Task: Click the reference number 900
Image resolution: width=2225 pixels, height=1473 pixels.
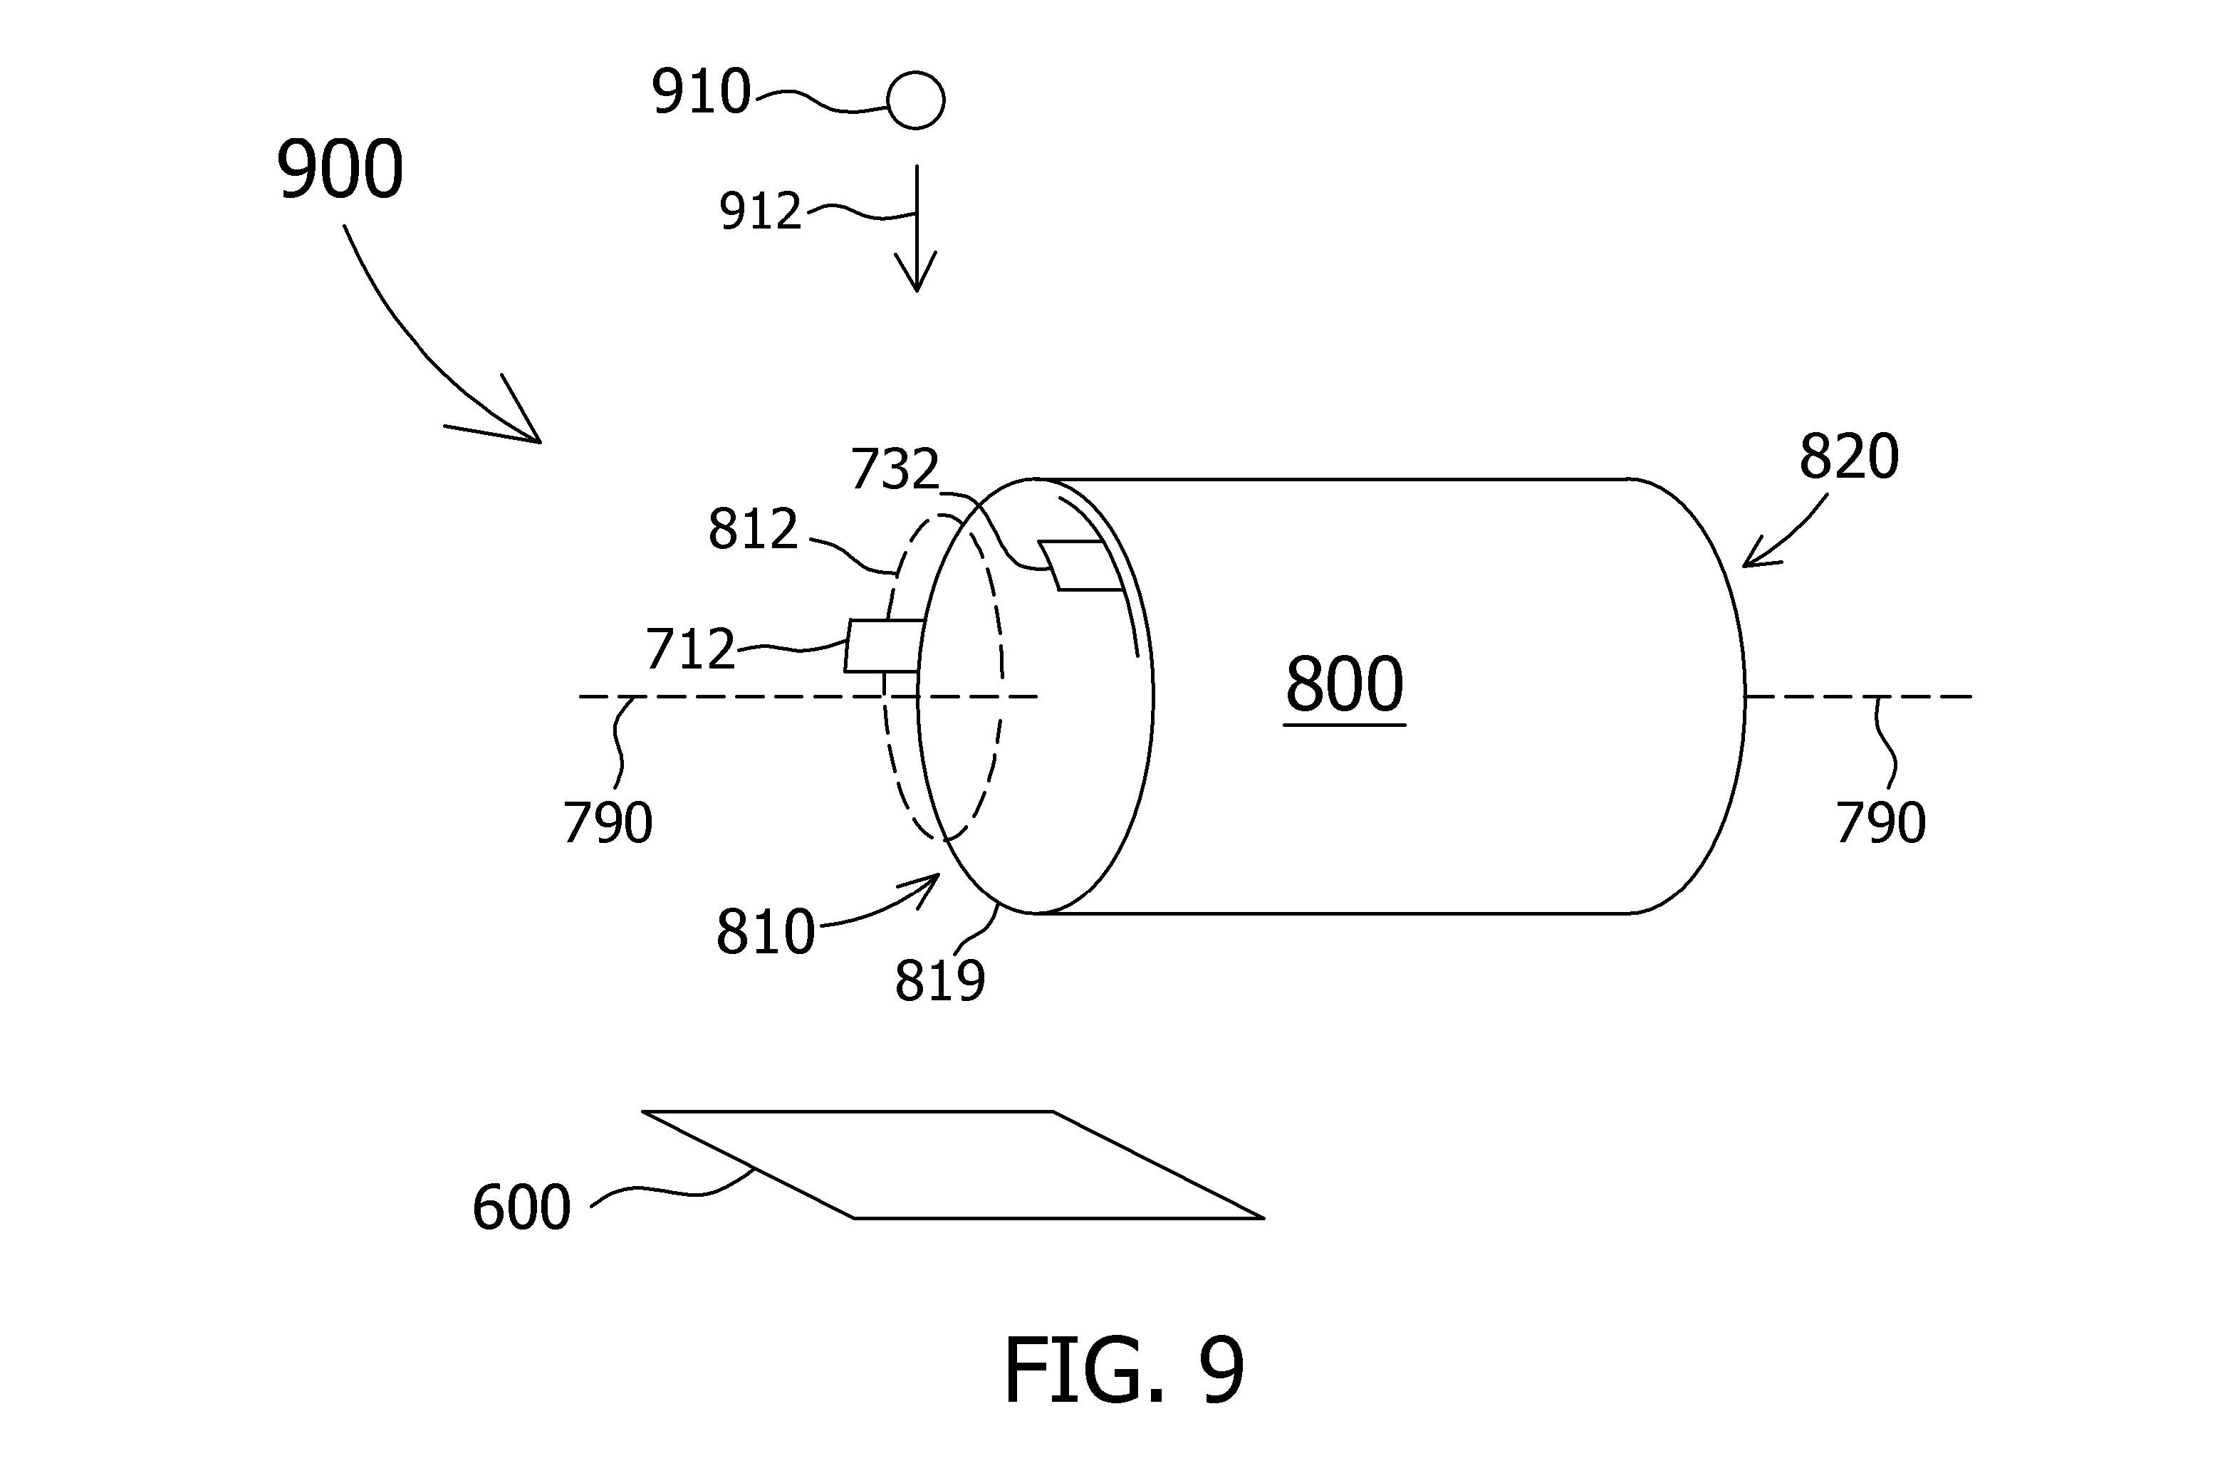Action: pyautogui.click(x=340, y=169)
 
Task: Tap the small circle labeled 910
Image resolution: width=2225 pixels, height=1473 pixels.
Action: pyautogui.click(x=915, y=100)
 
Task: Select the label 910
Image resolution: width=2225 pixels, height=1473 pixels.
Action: pyautogui.click(x=702, y=91)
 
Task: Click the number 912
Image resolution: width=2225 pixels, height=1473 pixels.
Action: pyautogui.click(x=760, y=211)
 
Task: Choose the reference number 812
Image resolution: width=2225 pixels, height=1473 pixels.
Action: pyautogui.click(x=753, y=529)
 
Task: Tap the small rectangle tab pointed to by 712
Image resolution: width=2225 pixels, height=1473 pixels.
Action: pyautogui.click(x=883, y=646)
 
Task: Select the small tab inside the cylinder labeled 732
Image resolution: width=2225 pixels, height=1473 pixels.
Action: pyautogui.click(x=1080, y=565)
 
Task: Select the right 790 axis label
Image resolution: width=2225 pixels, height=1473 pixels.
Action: pyautogui.click(x=1881, y=822)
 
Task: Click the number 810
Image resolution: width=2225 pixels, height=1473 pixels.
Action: pyautogui.click(x=766, y=932)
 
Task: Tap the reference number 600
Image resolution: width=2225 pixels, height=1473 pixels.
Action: pyautogui.click(x=521, y=1207)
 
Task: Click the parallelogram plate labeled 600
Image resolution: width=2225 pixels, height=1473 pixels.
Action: pyautogui.click(x=953, y=1165)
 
